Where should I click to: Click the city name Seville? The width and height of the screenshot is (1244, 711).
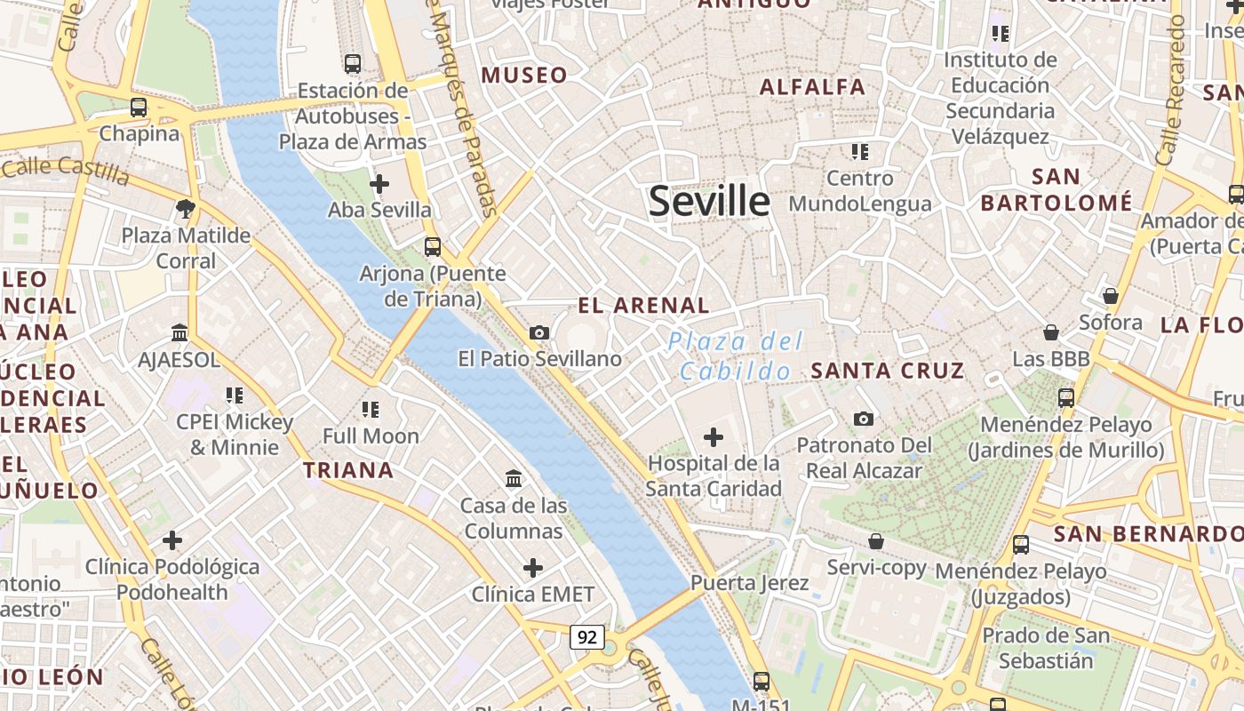coord(709,201)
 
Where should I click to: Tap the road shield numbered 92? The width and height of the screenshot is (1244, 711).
coord(586,636)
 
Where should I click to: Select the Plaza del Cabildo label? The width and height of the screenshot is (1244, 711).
coord(736,355)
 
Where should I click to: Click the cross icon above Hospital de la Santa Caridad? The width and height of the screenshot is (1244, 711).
coord(714,437)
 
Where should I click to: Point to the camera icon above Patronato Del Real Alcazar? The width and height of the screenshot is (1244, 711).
coord(863,419)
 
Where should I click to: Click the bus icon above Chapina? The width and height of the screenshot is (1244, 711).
coord(139,108)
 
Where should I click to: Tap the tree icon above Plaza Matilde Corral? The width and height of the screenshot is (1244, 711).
coord(186,209)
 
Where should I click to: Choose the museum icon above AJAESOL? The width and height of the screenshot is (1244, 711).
coord(179,333)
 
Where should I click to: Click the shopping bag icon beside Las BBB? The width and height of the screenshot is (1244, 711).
coord(1051,332)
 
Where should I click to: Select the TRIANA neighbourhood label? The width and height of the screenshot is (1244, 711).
coord(348,470)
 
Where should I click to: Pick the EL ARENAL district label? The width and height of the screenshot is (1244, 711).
coord(643,306)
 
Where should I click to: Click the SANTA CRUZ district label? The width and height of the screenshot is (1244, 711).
coord(887,371)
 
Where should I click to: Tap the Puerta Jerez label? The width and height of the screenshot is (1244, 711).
coord(749,583)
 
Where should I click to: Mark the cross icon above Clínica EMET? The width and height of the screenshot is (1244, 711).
coord(533,568)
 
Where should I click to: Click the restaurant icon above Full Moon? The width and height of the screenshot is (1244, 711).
coord(371,410)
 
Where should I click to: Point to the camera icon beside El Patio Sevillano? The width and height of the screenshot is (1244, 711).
coord(539,332)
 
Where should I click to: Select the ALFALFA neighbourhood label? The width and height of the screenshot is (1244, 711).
coord(812,86)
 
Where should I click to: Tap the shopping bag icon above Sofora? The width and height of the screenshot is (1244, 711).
coord(1110,296)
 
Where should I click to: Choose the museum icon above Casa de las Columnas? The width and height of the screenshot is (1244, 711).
coord(514,479)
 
